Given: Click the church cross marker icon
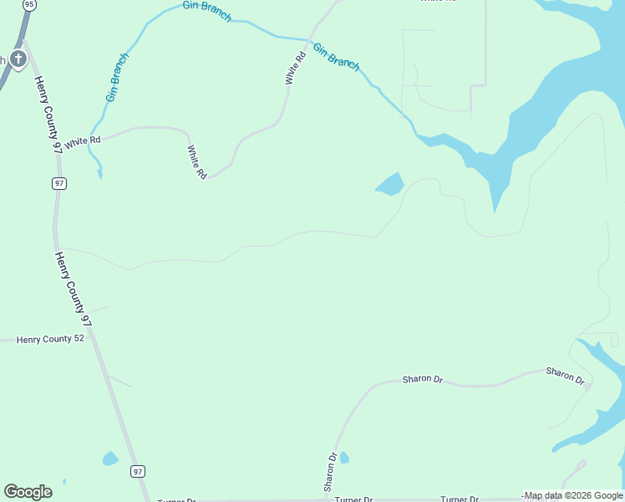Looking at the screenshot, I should (18, 59).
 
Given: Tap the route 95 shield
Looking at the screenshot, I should (30, 4).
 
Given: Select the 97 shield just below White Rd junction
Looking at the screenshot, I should (58, 183).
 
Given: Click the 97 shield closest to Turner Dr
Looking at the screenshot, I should (138, 472).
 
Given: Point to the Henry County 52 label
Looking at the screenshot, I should (51, 340).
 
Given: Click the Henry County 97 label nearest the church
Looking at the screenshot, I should (48, 114).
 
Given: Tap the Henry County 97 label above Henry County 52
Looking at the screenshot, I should (73, 288).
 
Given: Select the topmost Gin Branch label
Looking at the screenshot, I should (207, 11).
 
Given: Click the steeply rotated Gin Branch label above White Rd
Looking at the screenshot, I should (117, 78).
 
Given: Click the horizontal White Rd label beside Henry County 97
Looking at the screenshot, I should (83, 141).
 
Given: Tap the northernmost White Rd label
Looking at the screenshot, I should (294, 68).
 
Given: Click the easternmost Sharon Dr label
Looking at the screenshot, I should (565, 374).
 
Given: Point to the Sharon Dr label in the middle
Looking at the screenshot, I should (422, 379).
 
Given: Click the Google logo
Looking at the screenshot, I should (28, 491).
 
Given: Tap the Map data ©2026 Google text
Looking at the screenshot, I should (573, 495).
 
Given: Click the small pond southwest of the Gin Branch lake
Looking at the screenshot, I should (390, 184).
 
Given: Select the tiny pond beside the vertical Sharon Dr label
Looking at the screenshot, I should (344, 458).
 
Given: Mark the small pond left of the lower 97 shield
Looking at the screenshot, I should (110, 458).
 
